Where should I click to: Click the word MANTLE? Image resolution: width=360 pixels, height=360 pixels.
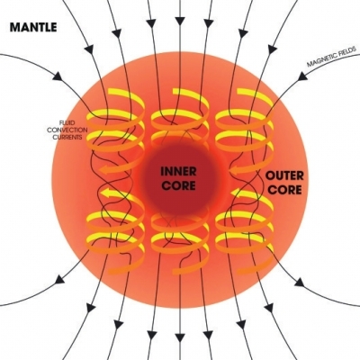[x=33, y=27]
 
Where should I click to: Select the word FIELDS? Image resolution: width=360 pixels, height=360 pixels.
[x=348, y=50]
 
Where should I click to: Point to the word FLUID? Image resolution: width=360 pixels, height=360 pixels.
[x=67, y=122]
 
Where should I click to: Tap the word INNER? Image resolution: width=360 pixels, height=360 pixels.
[x=178, y=172]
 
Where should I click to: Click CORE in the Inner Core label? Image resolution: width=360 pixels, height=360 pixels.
[x=178, y=185]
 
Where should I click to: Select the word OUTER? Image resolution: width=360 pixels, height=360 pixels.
[x=284, y=175]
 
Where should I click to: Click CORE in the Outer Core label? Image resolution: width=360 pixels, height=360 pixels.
[x=284, y=190]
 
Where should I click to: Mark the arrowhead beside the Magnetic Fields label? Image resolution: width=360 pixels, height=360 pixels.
[x=302, y=76]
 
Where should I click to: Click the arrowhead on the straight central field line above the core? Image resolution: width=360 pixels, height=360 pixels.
[x=179, y=21]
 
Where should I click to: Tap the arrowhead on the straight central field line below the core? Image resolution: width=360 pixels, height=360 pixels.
[x=179, y=337]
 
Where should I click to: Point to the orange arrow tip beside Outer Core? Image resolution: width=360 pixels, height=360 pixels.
[x=233, y=171]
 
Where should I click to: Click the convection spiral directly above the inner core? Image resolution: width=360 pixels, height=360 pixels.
[x=179, y=119]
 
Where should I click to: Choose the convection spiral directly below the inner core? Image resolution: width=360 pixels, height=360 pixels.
[x=179, y=240]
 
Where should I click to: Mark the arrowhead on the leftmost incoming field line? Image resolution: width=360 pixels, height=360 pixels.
[x=58, y=76]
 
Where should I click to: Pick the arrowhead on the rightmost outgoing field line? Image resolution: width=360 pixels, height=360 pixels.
[x=299, y=283]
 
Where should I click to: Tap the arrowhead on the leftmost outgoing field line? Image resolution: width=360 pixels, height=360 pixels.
[x=60, y=280]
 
